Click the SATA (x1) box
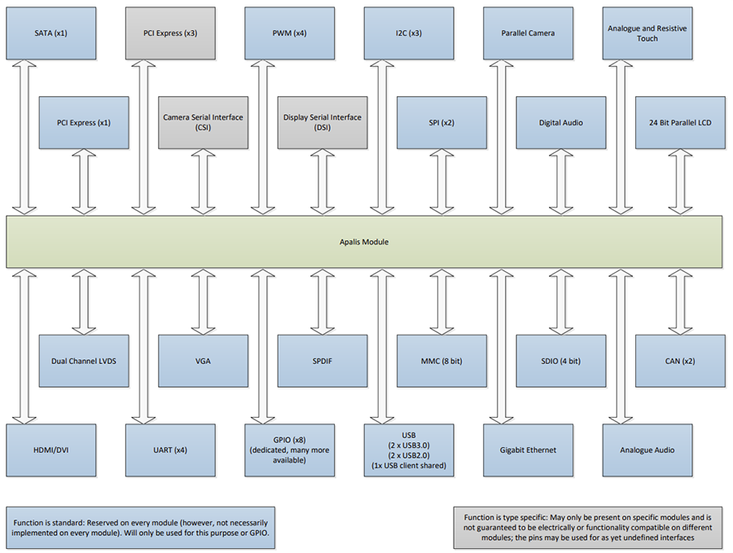tap(51, 33)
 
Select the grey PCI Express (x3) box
tap(170, 33)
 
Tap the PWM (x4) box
tap(289, 33)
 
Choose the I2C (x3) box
tap(409, 33)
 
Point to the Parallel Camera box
tap(528, 33)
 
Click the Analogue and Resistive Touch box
tap(647, 33)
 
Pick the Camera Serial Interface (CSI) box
tap(203, 122)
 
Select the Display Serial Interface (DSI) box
tap(323, 122)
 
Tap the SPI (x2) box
tap(441, 122)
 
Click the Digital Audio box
tap(560, 122)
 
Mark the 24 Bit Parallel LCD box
tap(680, 122)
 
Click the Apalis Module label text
tap(364, 242)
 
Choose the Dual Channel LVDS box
tap(84, 361)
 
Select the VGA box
tap(203, 361)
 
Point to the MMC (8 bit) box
tap(441, 361)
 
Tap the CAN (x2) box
tap(680, 361)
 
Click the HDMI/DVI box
tap(51, 450)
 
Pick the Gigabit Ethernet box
tap(528, 450)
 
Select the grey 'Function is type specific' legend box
tap(588, 528)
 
